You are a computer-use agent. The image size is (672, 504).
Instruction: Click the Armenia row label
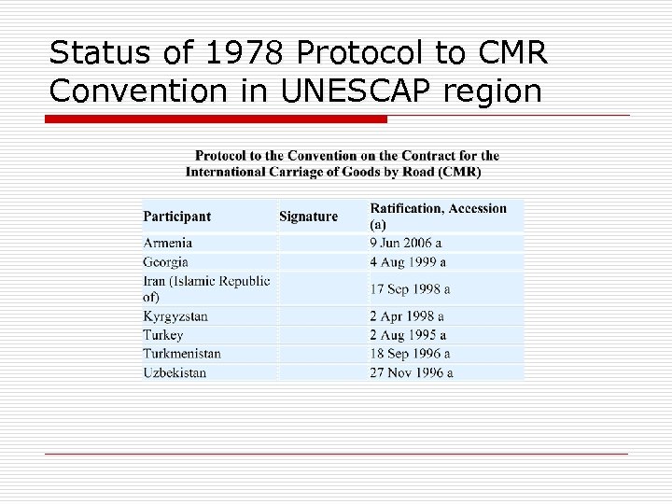pos(168,243)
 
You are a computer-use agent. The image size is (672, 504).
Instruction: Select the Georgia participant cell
pos(166,262)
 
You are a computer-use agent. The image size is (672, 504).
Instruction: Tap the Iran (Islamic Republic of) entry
pos(206,288)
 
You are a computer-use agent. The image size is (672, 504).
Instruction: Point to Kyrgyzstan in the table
pos(175,316)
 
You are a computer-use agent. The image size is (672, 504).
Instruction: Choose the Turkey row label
pos(163,335)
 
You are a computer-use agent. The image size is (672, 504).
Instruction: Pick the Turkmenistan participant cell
pos(182,354)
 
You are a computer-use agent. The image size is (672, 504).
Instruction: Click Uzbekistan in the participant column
pos(175,372)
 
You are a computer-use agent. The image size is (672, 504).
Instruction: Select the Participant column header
pos(177,217)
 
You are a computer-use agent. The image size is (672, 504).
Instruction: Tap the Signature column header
pos(308,217)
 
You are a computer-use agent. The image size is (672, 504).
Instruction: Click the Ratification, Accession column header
pos(438,216)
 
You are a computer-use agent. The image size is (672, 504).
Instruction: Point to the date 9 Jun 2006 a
pos(408,243)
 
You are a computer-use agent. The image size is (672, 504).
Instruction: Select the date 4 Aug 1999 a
pos(408,262)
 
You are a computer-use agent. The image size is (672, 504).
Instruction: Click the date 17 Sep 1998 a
pos(410,289)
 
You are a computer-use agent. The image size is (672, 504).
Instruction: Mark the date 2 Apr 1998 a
pos(407,316)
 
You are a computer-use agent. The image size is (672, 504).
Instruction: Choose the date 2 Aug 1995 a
pos(408,335)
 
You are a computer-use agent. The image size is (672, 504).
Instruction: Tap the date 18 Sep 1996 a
pos(410,354)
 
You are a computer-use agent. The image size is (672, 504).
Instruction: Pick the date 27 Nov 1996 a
pos(412,372)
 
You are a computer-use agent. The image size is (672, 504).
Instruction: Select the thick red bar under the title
pos(217,119)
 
